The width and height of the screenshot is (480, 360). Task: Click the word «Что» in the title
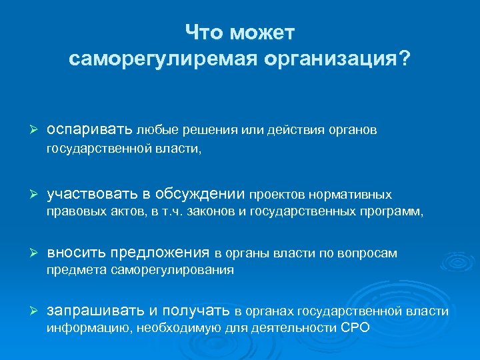pos(205,33)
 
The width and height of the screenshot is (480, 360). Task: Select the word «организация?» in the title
pos(336,59)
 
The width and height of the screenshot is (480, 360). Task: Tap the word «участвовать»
pos(92,194)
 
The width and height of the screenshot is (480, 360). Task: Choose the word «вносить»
pos(76,253)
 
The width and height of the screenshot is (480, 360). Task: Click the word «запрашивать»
pos(94,311)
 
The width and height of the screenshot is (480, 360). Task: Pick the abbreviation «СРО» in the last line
pos(355,328)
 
